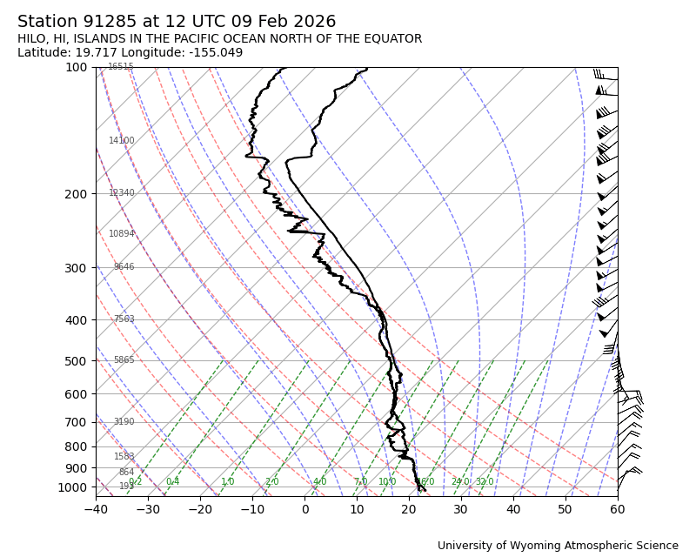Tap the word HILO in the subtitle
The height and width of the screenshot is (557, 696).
pyautogui.click(x=33, y=39)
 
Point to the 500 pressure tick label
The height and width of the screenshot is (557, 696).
pyautogui.click(x=77, y=361)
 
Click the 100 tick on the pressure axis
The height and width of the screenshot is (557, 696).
pyautogui.click(x=77, y=68)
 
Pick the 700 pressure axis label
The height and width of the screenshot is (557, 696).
pyautogui.click(x=77, y=423)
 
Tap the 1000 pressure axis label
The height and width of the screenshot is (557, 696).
pyautogui.click(x=73, y=487)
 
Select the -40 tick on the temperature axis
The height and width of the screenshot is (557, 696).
pyautogui.click(x=96, y=509)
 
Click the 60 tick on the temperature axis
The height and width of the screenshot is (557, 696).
pyautogui.click(x=618, y=509)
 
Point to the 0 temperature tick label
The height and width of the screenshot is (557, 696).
pyautogui.click(x=305, y=509)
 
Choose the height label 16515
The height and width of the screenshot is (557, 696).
pyautogui.click(x=121, y=67)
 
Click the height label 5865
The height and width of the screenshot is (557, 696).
pyautogui.click(x=124, y=360)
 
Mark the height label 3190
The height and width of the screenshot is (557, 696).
pyautogui.click(x=124, y=422)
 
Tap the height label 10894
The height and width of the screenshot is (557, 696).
pyautogui.click(x=122, y=234)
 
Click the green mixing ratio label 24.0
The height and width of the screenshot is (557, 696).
pyautogui.click(x=459, y=482)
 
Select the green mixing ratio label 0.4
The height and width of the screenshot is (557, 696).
pyautogui.click(x=172, y=482)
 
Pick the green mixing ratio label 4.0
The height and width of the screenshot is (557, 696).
pyautogui.click(x=319, y=482)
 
